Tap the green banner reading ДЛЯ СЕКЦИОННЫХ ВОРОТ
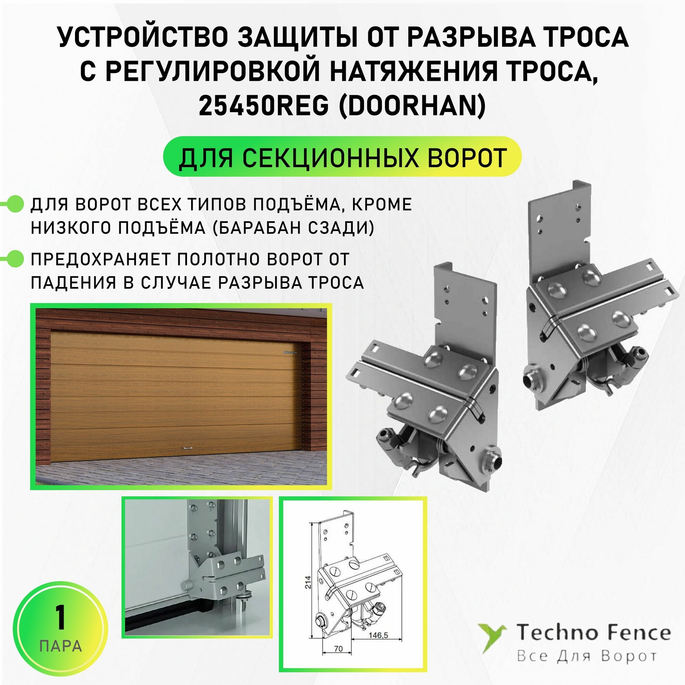(342, 157)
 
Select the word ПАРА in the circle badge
(61, 646)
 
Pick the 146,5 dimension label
(378, 635)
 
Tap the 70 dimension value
(338, 648)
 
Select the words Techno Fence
(593, 633)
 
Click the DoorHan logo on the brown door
(290, 352)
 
